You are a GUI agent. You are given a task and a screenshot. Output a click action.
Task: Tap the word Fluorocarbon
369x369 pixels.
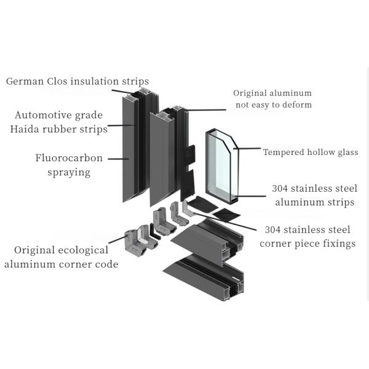coord(69,158)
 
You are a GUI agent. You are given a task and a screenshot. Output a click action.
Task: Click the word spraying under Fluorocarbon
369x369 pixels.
coord(69,172)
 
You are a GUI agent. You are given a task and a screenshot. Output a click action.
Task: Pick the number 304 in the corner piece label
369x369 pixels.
coord(276,230)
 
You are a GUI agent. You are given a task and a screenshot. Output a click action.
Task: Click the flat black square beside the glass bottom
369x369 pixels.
coord(226,215)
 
